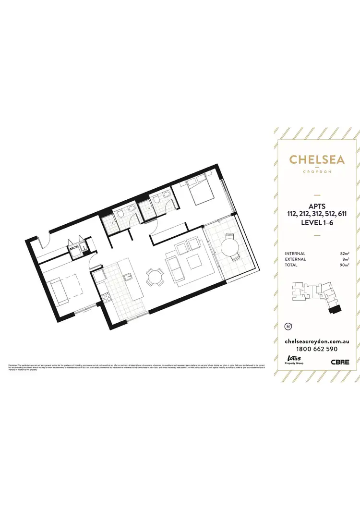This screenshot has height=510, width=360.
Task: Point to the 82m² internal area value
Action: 344,253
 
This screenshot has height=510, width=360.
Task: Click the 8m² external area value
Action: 345,259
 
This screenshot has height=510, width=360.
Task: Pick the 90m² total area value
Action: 344,265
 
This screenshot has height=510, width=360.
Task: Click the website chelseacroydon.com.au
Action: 316,340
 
